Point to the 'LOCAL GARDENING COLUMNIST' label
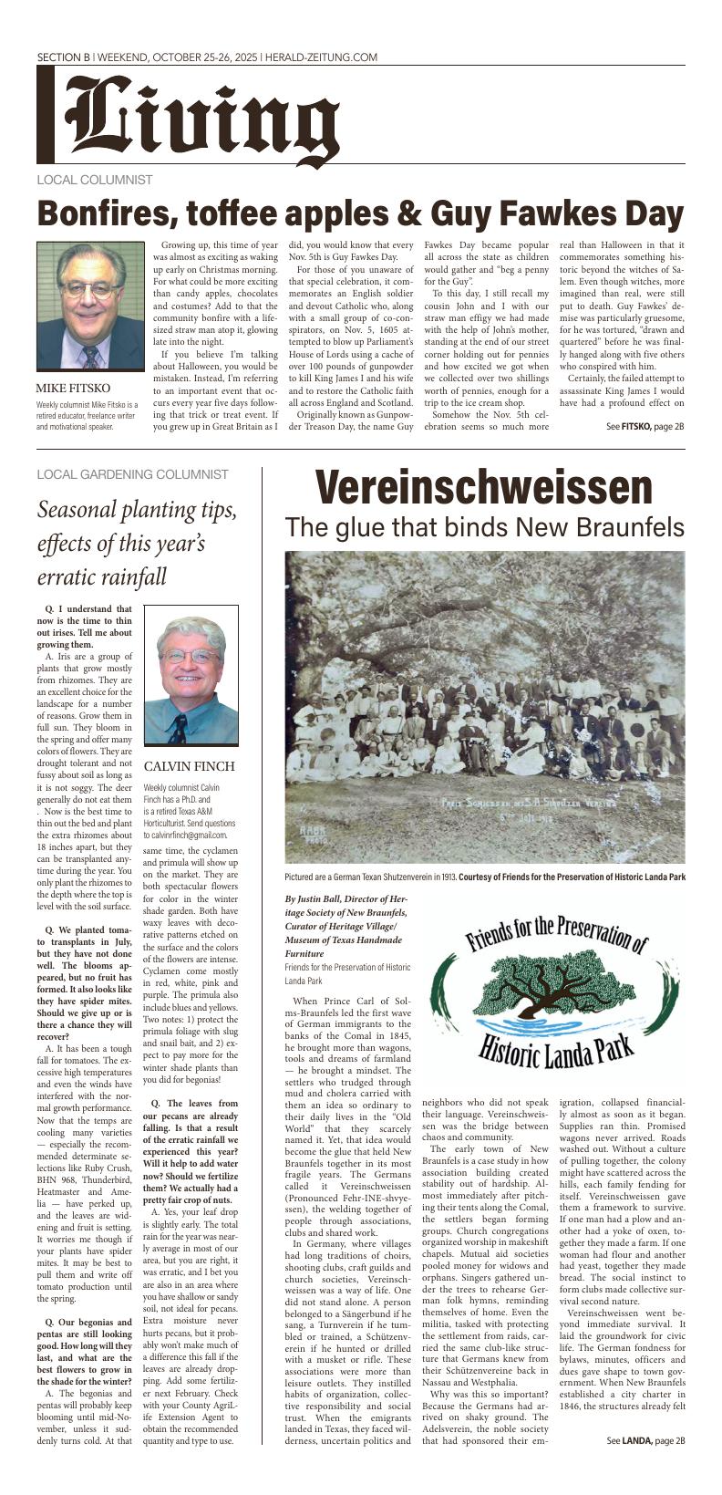pos(132,474)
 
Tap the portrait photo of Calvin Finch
pos(191,680)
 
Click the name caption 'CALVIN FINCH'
pos(190,766)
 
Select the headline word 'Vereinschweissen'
pos(484,489)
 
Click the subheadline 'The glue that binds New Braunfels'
pos(484,527)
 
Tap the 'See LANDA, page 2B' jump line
pos(645,1466)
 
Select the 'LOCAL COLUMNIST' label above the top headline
pos(95,180)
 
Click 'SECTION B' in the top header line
pos(63,57)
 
